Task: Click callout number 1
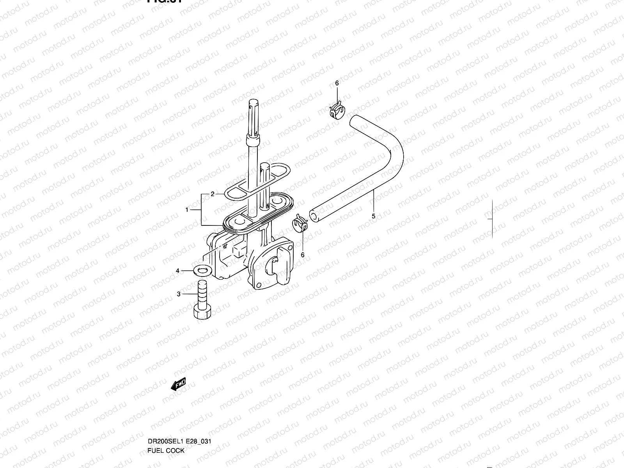pos(187,210)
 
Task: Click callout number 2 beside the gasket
pos(213,194)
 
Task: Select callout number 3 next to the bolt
pos(179,294)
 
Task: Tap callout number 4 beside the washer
pos(177,271)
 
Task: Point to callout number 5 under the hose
pos(373,216)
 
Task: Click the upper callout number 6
pos(337,83)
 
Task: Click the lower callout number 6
pos(303,255)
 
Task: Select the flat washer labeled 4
pos(201,269)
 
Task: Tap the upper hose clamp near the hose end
pos(337,111)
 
